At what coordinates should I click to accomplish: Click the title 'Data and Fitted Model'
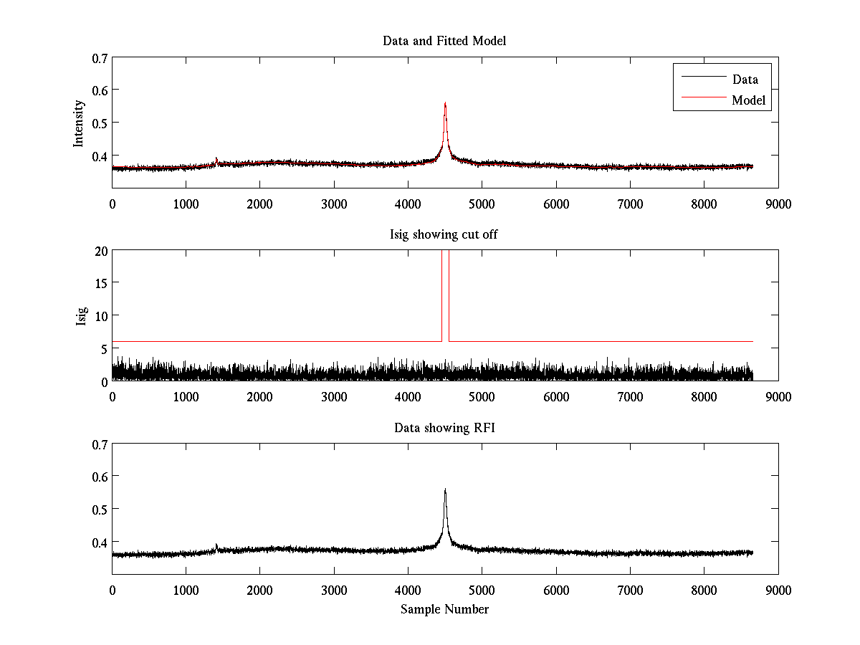(x=444, y=41)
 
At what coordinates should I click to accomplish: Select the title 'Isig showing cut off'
(x=444, y=234)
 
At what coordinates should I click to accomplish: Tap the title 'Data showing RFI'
(x=444, y=428)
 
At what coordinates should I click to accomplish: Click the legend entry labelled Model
(x=749, y=100)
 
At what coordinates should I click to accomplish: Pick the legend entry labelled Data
(x=745, y=80)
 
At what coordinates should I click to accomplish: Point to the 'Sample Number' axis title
(x=444, y=609)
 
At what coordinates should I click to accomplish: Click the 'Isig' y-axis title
(x=81, y=315)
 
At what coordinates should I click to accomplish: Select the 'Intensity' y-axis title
(x=79, y=123)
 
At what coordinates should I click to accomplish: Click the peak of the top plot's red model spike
(x=445, y=103)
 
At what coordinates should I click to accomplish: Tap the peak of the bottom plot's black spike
(x=445, y=489)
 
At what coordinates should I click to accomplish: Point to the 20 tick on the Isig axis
(x=101, y=251)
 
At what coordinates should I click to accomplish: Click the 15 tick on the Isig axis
(x=101, y=283)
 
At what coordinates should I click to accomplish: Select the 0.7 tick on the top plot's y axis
(x=100, y=57)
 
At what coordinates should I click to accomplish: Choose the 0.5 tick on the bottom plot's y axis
(x=100, y=509)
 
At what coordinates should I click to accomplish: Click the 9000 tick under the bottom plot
(x=778, y=591)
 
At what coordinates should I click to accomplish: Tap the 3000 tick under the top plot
(x=334, y=204)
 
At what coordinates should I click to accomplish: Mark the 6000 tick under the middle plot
(x=556, y=397)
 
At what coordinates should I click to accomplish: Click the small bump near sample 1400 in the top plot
(x=216, y=160)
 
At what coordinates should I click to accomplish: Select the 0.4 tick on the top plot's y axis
(x=100, y=156)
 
